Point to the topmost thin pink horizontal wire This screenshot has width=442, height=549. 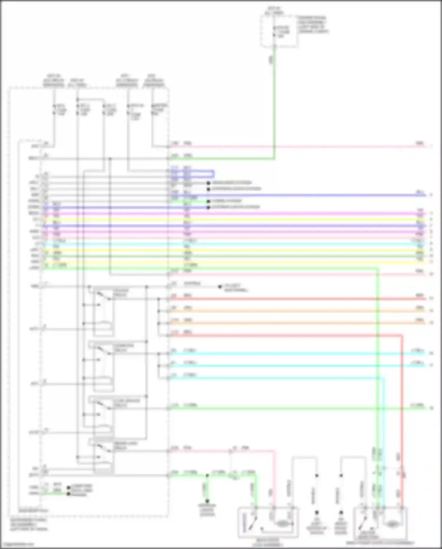(x=295, y=146)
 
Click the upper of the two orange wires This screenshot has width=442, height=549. (x=295, y=311)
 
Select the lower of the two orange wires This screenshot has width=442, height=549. (x=295, y=323)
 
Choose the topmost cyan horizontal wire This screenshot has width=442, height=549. (x=295, y=353)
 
